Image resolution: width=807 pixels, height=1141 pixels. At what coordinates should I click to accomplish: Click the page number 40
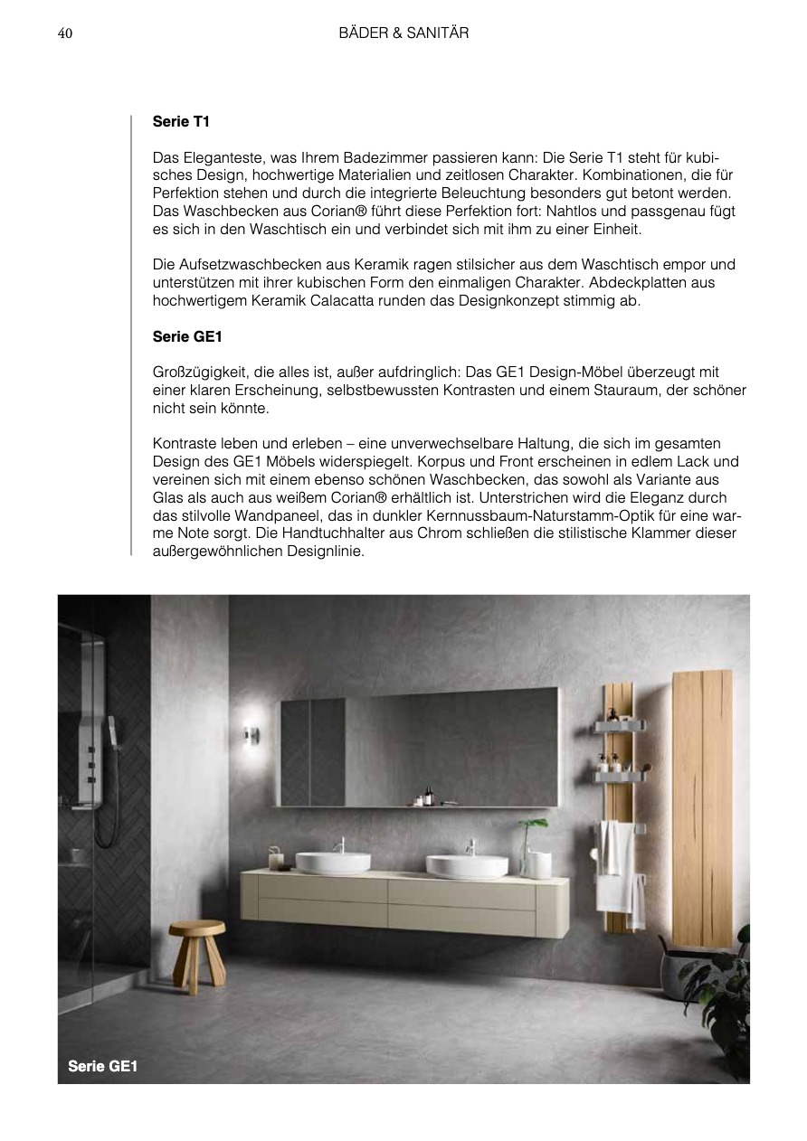[x=64, y=33]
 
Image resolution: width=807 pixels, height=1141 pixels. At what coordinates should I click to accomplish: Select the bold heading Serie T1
[x=182, y=120]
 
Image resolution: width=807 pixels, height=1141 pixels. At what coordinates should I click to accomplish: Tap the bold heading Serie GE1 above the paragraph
[x=188, y=336]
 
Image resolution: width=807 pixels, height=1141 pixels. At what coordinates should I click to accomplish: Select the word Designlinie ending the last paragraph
[x=325, y=550]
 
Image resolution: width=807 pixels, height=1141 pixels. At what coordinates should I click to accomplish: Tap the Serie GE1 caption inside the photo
[x=102, y=1066]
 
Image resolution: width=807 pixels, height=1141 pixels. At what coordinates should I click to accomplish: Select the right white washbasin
[x=467, y=865]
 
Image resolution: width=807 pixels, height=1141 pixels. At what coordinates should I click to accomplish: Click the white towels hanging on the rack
[x=618, y=868]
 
